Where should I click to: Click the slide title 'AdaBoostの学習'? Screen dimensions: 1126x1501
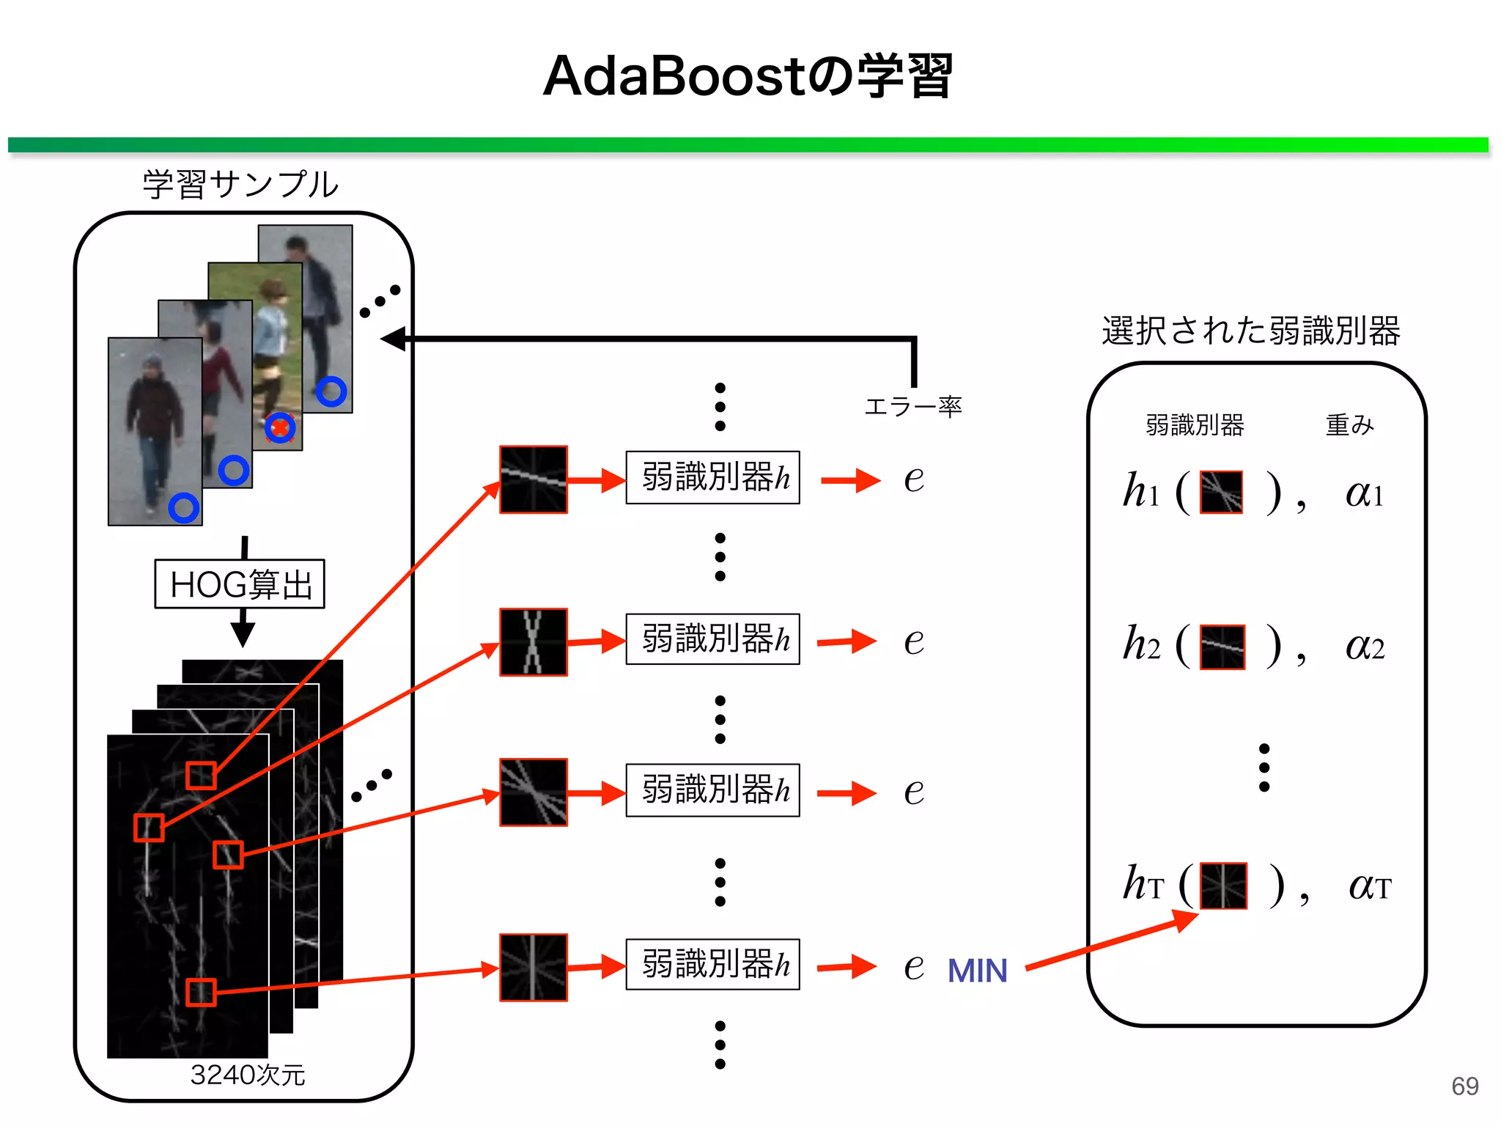[x=748, y=76]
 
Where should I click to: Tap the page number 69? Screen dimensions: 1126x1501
[x=1464, y=1086]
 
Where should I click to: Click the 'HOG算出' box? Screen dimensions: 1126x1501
[x=240, y=584]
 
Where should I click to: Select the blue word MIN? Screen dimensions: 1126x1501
[x=977, y=971]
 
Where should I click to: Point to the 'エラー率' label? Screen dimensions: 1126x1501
[x=912, y=406]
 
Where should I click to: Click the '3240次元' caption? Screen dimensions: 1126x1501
[x=247, y=1075]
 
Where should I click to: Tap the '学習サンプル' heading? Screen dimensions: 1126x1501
[x=240, y=184]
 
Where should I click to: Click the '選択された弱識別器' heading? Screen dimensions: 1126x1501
[x=1250, y=331]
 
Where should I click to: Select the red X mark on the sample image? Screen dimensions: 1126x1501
[x=280, y=427]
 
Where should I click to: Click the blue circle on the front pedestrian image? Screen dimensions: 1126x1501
[x=183, y=507]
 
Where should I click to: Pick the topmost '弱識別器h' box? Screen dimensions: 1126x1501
[x=712, y=477]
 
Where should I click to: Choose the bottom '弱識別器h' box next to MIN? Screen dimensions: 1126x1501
[x=712, y=965]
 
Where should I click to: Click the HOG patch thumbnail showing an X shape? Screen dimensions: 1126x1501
[x=534, y=641]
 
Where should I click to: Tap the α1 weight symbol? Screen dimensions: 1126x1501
[x=1363, y=493]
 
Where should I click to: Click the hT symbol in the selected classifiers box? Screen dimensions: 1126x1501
[x=1142, y=884]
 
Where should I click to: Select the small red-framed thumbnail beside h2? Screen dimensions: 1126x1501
[x=1222, y=647]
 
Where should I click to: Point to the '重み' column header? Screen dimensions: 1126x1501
[x=1349, y=424]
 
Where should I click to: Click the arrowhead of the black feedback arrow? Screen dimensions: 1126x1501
[x=393, y=339]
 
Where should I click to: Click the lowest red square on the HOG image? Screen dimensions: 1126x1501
[x=200, y=992]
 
